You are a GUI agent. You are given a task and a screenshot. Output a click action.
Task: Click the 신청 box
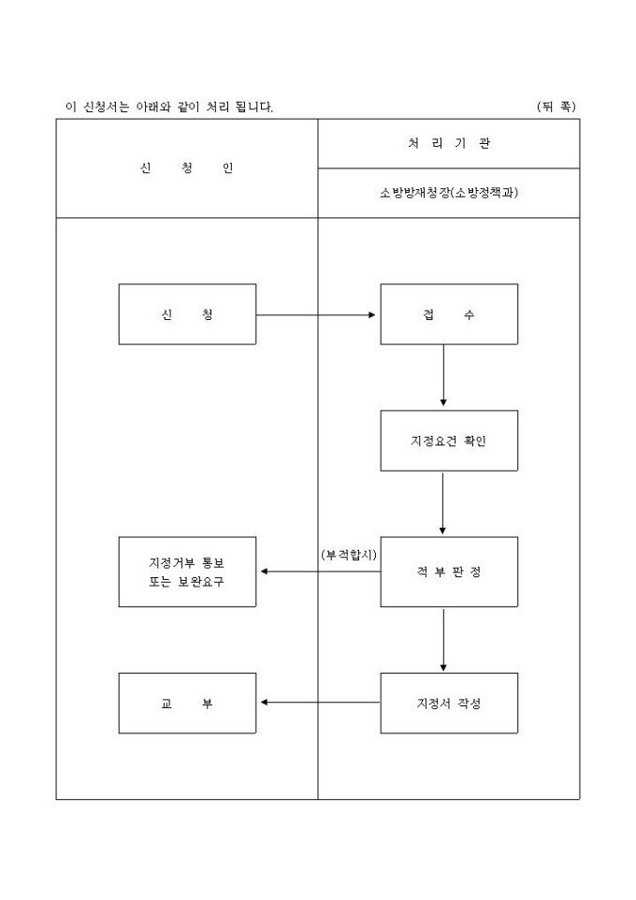(x=187, y=314)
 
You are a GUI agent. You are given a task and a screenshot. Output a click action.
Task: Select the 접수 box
(x=448, y=314)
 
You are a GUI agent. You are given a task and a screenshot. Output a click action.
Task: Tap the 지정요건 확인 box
(x=448, y=441)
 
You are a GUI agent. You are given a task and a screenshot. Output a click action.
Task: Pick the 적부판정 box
(x=448, y=572)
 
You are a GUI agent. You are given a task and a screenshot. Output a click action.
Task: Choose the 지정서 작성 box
(x=448, y=703)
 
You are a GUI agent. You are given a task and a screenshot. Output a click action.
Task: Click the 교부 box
(x=187, y=703)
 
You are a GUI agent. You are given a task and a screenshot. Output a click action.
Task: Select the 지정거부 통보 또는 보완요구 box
(x=187, y=572)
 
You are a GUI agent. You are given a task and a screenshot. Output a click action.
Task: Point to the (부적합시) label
(x=348, y=555)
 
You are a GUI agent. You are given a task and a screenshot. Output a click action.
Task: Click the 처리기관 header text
(x=449, y=144)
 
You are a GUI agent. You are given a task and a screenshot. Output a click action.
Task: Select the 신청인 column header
(x=187, y=168)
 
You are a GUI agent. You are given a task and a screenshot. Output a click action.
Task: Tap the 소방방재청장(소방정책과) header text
(x=449, y=194)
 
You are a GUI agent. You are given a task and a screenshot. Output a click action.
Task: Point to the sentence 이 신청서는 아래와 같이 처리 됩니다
(x=169, y=107)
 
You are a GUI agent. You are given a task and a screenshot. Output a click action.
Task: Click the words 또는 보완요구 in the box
(x=187, y=581)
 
